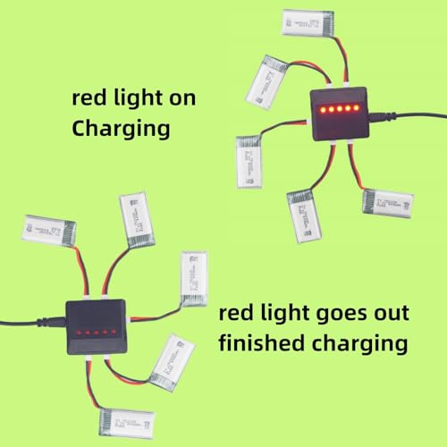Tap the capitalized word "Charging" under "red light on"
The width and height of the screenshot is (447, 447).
point(121,128)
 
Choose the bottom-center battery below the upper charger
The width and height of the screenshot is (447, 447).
point(305,215)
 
